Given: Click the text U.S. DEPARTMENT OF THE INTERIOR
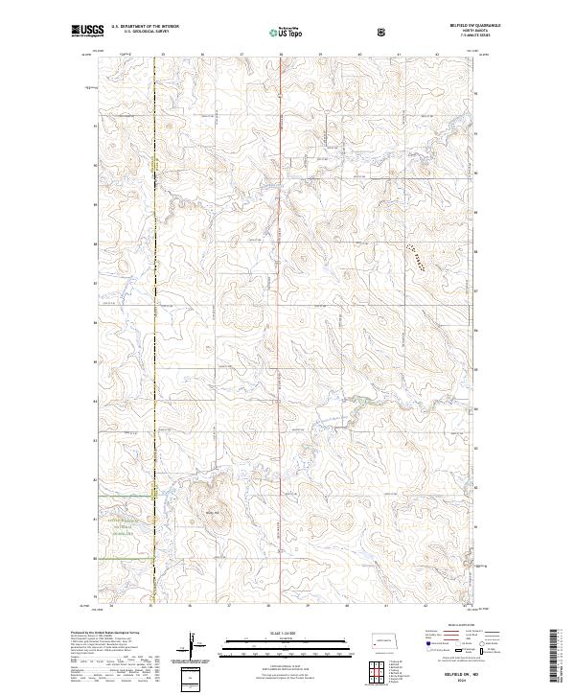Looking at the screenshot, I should coord(146,27).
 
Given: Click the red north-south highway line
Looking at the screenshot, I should coord(280,288).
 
